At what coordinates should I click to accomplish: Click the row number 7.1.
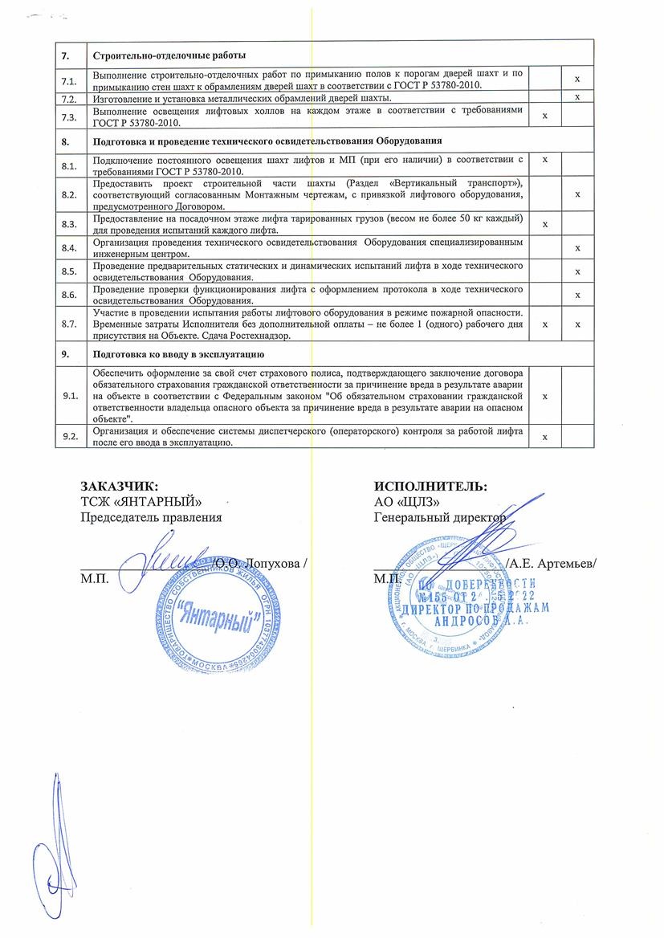pyautogui.click(x=70, y=80)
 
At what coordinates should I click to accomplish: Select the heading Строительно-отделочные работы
pyautogui.click(x=169, y=55)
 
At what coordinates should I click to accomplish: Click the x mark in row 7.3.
pyautogui.click(x=545, y=116)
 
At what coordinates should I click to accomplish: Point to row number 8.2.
pyautogui.click(x=70, y=195)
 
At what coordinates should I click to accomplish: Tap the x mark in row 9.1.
pyautogui.click(x=545, y=397)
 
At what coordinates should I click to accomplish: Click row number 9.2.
pyautogui.click(x=70, y=436)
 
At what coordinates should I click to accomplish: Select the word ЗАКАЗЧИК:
pyautogui.click(x=120, y=486)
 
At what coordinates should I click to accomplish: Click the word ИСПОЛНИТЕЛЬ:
pyautogui.click(x=430, y=486)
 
